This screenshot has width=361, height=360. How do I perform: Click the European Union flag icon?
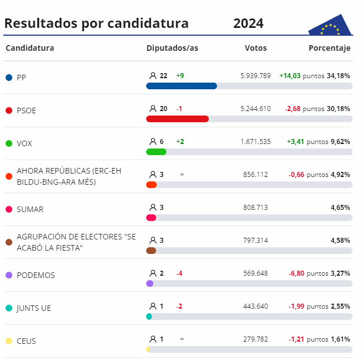pyautogui.click(x=331, y=26)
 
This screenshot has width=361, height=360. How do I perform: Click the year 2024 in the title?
pyautogui.click(x=248, y=23)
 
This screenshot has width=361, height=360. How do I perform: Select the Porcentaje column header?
pyautogui.click(x=329, y=48)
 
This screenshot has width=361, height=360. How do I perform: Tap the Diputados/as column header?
pyautogui.click(x=172, y=48)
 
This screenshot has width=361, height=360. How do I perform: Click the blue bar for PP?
pyautogui.click(x=181, y=86)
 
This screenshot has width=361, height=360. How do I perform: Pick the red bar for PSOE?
pyautogui.click(x=177, y=119)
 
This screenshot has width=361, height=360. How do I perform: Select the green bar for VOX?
pyautogui.click(x=156, y=152)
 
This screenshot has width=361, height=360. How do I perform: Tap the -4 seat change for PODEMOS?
pyautogui.click(x=180, y=273)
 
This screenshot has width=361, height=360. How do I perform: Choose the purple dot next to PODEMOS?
pyautogui.click(x=9, y=275)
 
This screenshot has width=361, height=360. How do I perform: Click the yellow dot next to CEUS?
pyautogui.click(x=9, y=341)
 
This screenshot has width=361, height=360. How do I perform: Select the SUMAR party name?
pyautogui.click(x=30, y=209)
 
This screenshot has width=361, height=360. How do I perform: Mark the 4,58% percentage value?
pyautogui.click(x=340, y=241)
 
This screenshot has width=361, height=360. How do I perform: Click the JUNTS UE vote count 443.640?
pyautogui.click(x=256, y=306)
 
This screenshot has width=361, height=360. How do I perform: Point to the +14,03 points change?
pyautogui.click(x=290, y=76)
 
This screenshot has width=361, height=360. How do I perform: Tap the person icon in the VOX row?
pyautogui.click(x=153, y=142)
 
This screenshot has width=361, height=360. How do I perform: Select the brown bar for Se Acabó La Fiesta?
pyautogui.click(x=151, y=251)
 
